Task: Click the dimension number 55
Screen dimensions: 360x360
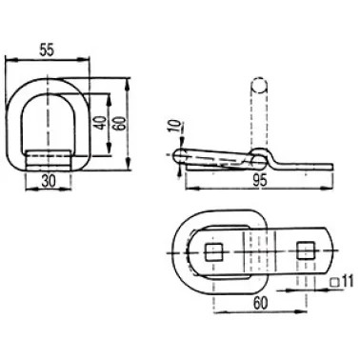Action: (x=47, y=50)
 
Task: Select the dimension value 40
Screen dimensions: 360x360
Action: (x=100, y=123)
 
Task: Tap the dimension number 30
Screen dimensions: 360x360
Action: (x=48, y=181)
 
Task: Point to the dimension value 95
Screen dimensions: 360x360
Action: (x=260, y=181)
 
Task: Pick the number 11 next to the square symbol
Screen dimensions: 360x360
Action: (x=348, y=281)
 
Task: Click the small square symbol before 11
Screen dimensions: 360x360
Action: (x=334, y=282)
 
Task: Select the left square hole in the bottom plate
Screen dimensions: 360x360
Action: (x=214, y=252)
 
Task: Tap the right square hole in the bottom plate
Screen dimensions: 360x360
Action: (x=306, y=250)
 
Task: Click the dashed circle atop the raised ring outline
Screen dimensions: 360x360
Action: (x=258, y=85)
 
